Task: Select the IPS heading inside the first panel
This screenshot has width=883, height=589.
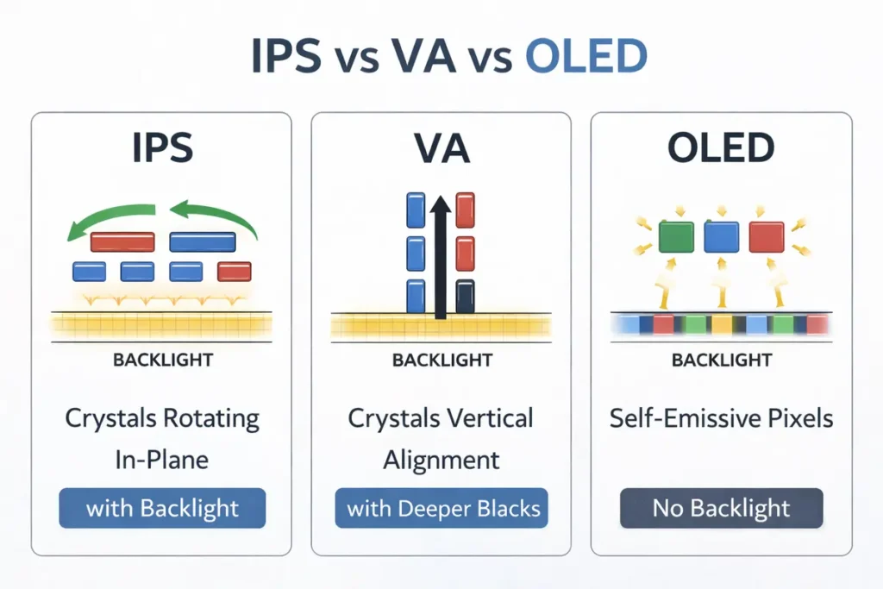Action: pyautogui.click(x=162, y=148)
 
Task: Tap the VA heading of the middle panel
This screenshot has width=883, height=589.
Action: pyautogui.click(x=441, y=148)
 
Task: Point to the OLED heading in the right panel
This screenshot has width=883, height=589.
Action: pyautogui.click(x=721, y=148)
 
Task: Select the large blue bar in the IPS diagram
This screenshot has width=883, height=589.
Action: pyautogui.click(x=203, y=241)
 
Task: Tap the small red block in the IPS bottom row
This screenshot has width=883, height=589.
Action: pyautogui.click(x=235, y=272)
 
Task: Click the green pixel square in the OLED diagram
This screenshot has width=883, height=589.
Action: pyautogui.click(x=676, y=237)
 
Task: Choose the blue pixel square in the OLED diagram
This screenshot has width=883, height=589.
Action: pyautogui.click(x=722, y=237)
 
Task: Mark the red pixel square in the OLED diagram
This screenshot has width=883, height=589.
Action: pyautogui.click(x=767, y=237)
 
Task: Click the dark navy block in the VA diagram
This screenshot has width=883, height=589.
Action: pyautogui.click(x=465, y=296)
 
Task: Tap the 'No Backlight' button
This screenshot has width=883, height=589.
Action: pyautogui.click(x=721, y=509)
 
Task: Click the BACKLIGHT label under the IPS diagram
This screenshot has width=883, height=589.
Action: pyautogui.click(x=162, y=360)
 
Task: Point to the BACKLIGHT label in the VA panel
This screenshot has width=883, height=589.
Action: pyautogui.click(x=441, y=360)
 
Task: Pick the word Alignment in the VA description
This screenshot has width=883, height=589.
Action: pyautogui.click(x=441, y=459)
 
